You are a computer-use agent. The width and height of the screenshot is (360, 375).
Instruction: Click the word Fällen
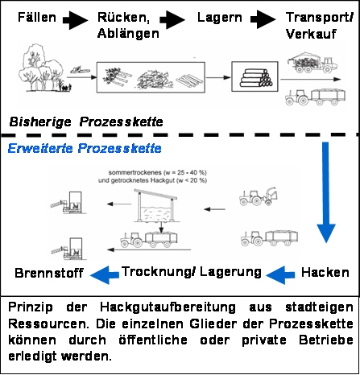[x=37, y=18]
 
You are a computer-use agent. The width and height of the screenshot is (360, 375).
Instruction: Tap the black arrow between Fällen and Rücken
[x=75, y=19]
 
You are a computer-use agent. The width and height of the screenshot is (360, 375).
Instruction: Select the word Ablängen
[x=128, y=34]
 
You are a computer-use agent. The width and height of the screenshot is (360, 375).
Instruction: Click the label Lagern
[x=219, y=18]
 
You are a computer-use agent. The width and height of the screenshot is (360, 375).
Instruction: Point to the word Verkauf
[x=311, y=34]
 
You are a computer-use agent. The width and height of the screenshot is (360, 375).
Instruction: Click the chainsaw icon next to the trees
[x=80, y=71]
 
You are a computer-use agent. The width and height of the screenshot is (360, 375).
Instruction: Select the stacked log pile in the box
[x=256, y=78]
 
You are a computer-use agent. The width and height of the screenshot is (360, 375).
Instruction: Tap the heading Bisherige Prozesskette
[x=86, y=122]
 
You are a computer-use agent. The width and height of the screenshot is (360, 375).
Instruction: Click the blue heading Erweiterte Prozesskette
[x=85, y=148]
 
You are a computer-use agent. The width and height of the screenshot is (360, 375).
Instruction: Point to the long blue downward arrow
[x=325, y=192]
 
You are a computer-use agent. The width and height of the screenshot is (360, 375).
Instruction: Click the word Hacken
[x=325, y=273]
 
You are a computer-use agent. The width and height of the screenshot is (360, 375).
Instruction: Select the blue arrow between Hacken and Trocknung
[x=280, y=274]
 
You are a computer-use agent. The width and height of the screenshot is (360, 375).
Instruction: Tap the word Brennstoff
[x=49, y=273]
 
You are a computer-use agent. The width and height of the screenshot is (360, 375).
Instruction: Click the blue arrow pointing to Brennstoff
[x=105, y=274]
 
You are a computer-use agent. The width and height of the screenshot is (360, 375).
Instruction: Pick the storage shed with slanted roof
[x=155, y=206]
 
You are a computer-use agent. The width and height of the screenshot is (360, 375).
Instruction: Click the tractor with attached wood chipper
[x=258, y=196]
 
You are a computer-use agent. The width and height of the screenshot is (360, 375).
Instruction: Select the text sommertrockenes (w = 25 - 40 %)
[x=158, y=172]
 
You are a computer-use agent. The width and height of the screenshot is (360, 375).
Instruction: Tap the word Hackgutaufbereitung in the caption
[x=168, y=307]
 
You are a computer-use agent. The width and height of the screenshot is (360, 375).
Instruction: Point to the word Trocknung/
[x=159, y=272]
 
